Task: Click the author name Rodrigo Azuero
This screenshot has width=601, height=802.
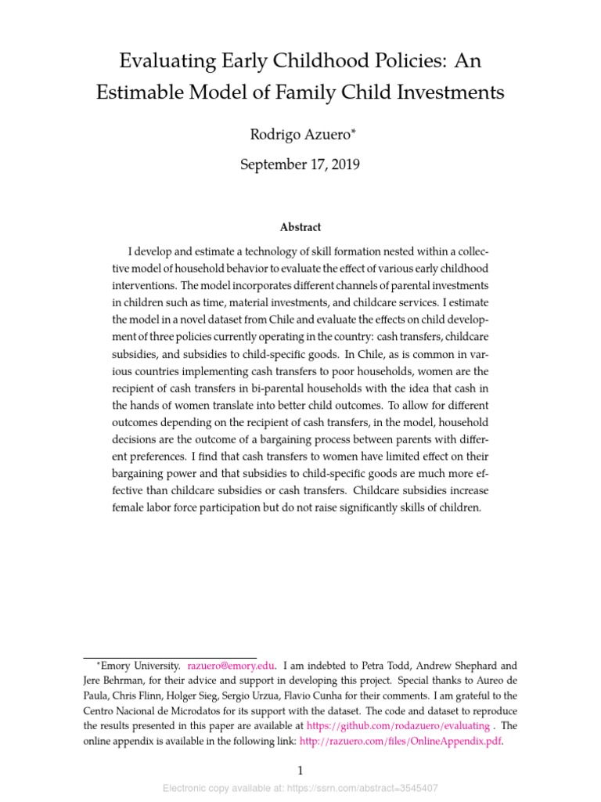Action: (297, 135)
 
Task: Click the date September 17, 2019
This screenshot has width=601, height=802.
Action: (300, 164)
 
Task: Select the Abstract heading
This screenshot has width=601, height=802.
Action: (300, 227)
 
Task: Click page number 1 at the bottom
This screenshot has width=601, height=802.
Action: (300, 771)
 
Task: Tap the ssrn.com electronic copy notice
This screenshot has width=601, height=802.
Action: (300, 788)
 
